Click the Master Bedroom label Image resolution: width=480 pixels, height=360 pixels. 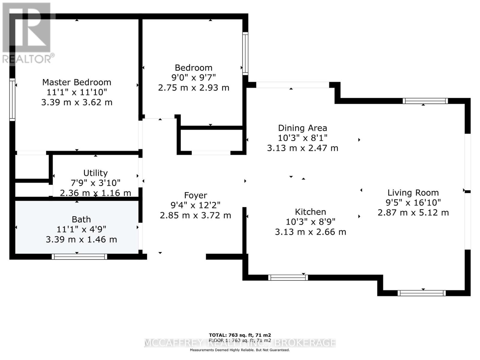[x=76, y=82]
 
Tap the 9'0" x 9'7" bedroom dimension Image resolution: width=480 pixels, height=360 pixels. [x=193, y=78]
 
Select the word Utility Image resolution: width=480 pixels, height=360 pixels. [x=95, y=173]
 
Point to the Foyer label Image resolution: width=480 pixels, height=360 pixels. [x=196, y=195]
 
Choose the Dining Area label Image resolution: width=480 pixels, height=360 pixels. [x=302, y=128]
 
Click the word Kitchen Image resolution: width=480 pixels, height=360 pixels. [x=310, y=212]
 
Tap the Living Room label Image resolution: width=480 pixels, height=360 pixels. [x=413, y=193]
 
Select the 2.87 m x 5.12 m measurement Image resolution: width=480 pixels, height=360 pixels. [x=413, y=213]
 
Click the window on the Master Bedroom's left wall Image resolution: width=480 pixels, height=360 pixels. [x=12, y=100]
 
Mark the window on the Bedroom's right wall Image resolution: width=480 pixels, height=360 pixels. [x=245, y=53]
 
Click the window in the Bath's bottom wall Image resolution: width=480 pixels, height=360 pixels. [x=79, y=256]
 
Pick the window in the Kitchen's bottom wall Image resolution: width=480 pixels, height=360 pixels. [x=288, y=277]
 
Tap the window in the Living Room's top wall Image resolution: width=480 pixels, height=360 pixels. [x=425, y=101]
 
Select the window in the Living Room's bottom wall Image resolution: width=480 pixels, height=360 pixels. [x=421, y=293]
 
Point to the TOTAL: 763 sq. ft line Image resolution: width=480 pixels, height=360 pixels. [x=240, y=335]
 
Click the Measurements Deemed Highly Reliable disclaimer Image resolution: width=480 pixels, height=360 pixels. [x=240, y=350]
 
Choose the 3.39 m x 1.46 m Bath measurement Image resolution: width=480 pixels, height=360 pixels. [x=81, y=239]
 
